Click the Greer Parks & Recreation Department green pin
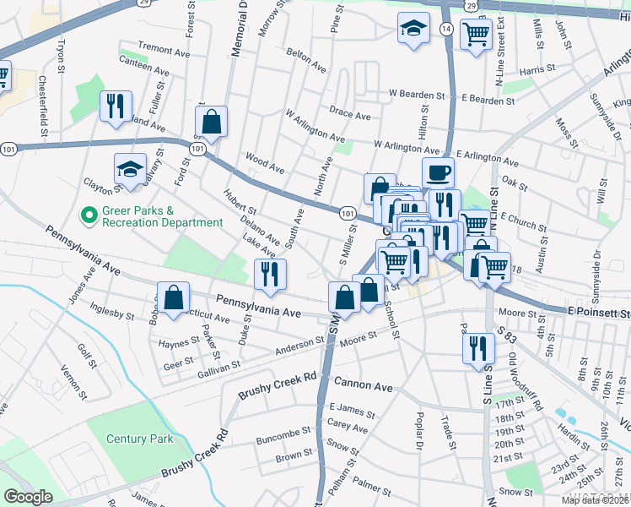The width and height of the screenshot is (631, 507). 87,216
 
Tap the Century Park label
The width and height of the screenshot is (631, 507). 140,439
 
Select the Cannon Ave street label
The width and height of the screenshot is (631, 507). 365,387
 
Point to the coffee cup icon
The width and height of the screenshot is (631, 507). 438,173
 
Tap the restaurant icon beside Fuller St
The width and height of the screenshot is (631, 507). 112,106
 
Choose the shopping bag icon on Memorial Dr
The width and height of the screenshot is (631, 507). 212,121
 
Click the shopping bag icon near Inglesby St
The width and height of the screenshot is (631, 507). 173,298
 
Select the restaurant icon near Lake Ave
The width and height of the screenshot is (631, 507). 270,274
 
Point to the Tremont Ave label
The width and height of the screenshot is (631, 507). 164,51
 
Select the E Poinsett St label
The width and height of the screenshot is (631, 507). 598,313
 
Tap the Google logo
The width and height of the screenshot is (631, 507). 28,497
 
